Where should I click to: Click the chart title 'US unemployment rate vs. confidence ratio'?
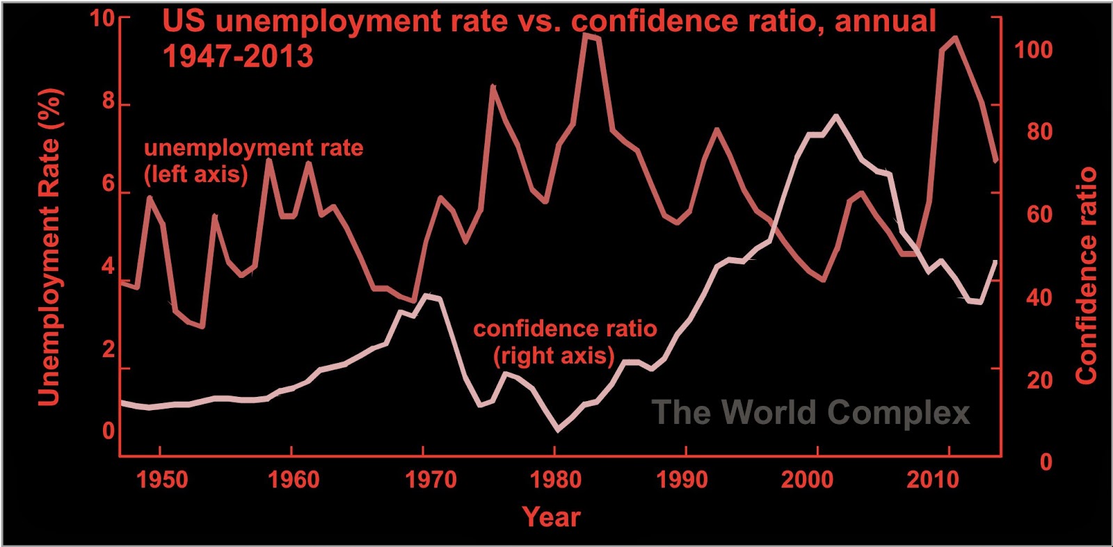coord(549,22)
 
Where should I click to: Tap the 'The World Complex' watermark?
coord(810,412)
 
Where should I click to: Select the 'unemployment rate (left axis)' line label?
coord(253,161)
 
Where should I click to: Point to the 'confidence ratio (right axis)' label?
coord(565,342)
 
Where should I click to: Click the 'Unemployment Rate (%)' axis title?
coord(49,247)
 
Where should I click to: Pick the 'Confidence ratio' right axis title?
coord(1086,275)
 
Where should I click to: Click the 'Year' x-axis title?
coord(551,517)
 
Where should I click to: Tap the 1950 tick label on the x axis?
coord(162,480)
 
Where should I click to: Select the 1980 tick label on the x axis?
coord(554,480)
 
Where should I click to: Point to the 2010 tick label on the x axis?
coord(933,480)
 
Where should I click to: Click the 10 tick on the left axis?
coord(102,19)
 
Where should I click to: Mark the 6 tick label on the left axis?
coord(108,185)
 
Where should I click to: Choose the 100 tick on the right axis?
coord(1033,50)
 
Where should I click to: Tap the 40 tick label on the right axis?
coord(1039,297)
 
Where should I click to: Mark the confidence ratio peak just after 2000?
coord(835,117)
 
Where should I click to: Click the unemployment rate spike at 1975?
coord(493,87)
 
